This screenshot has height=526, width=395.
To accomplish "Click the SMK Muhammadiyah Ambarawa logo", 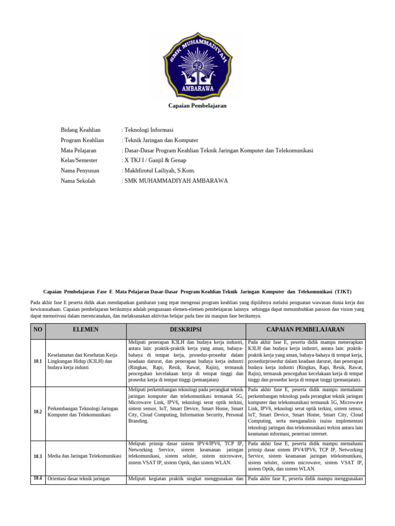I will [x=197, y=64].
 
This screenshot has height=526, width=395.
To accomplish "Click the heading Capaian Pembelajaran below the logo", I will [x=197, y=106].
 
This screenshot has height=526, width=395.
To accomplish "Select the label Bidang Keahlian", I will [x=81, y=130].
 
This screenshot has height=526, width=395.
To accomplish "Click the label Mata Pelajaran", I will [x=80, y=150].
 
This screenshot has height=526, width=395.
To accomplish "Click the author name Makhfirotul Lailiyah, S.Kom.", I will [x=158, y=171].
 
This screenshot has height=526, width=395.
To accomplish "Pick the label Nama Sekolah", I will [x=78, y=181].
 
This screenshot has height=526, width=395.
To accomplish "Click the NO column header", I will [x=38, y=329].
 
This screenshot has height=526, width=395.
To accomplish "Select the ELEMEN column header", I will [x=86, y=329].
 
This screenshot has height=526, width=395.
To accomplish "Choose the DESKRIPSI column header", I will [x=186, y=329].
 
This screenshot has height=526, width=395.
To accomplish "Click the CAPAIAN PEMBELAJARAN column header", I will [x=306, y=329].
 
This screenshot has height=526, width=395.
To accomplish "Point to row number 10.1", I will [x=38, y=361].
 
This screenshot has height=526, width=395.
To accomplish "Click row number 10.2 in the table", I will [x=38, y=412].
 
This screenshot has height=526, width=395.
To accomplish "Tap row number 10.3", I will [x=38, y=456].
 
